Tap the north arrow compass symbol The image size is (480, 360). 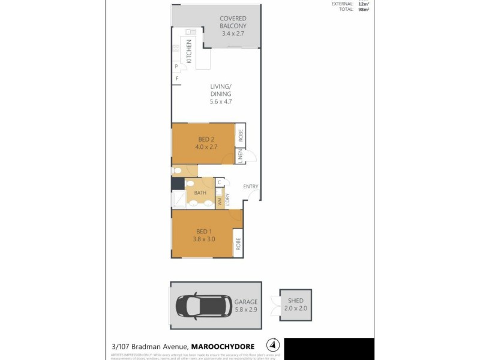click(x=273, y=346)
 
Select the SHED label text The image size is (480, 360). click(x=296, y=301)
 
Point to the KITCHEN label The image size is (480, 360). click(x=189, y=51)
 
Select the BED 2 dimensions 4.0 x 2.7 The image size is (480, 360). click(x=205, y=146)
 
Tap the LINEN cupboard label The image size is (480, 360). click(x=239, y=157)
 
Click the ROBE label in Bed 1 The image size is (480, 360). click(x=238, y=244)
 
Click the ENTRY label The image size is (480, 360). click(x=250, y=187)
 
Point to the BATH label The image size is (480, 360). click(x=200, y=193)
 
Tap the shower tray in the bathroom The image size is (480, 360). click(x=179, y=200)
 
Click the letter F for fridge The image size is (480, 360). click(x=177, y=79)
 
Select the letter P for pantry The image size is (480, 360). click(x=176, y=67)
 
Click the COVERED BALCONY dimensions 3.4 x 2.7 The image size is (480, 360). click(x=233, y=34)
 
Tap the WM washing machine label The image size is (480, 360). click(x=220, y=202)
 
